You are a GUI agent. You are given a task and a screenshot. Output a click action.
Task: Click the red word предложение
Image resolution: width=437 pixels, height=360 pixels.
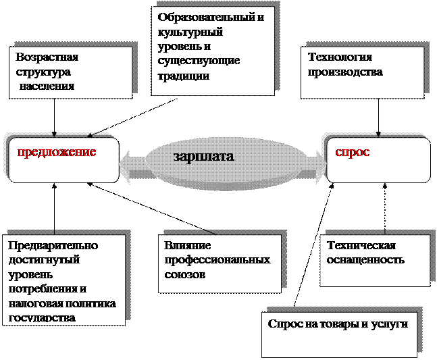57,151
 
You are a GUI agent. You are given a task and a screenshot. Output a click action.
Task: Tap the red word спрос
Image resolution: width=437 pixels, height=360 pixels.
353,152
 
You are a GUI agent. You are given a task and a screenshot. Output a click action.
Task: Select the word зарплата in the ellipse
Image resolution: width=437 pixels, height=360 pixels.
203,156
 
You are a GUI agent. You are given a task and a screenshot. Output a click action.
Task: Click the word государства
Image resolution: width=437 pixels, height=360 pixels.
42,317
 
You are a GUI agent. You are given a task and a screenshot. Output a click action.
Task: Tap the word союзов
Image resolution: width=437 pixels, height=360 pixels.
185,274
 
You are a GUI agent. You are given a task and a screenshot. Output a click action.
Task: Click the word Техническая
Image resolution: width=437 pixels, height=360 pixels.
361,245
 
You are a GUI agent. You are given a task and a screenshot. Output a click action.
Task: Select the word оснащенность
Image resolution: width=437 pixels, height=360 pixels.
365,259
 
